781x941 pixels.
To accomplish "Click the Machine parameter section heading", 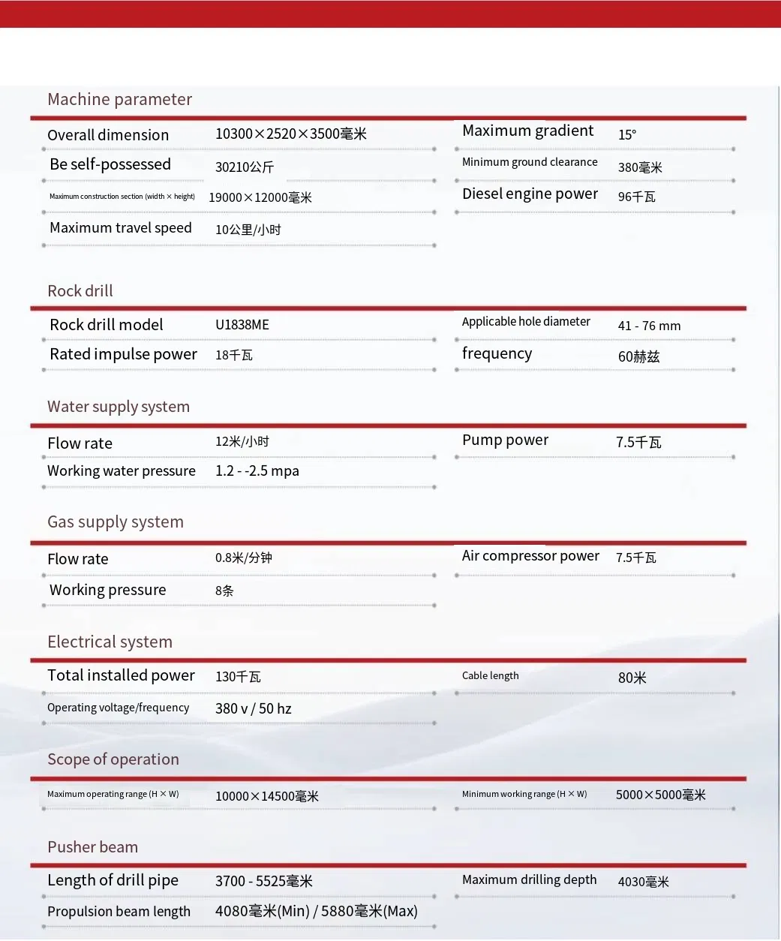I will click(x=119, y=99).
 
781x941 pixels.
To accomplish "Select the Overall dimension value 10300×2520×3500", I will click(x=290, y=134).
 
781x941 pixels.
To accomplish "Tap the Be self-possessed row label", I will click(x=110, y=164).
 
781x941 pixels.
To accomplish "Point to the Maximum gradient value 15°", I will click(x=627, y=134).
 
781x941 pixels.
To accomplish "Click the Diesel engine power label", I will click(x=530, y=194).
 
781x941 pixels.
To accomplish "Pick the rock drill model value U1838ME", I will click(x=242, y=325).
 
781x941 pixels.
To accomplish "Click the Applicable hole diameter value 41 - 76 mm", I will click(x=649, y=326).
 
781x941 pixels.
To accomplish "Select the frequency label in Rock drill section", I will click(x=497, y=353).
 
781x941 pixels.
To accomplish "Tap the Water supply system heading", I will click(x=119, y=407).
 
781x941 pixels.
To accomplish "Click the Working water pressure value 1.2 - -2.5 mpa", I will click(x=257, y=471).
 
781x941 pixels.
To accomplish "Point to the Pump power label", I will click(x=505, y=440).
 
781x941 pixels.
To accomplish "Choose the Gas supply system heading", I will click(x=116, y=522).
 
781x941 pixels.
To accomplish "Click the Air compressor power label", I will click(x=530, y=556).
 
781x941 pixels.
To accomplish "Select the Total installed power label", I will click(x=121, y=675).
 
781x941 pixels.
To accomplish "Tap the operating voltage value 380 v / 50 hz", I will click(x=253, y=708).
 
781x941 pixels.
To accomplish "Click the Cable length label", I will click(x=490, y=675).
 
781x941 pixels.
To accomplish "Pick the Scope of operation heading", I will click(x=113, y=759).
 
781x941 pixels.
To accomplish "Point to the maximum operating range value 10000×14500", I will click(x=266, y=796).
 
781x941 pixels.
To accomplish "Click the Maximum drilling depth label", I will click(x=529, y=879).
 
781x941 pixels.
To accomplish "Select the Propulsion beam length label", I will click(x=119, y=912).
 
